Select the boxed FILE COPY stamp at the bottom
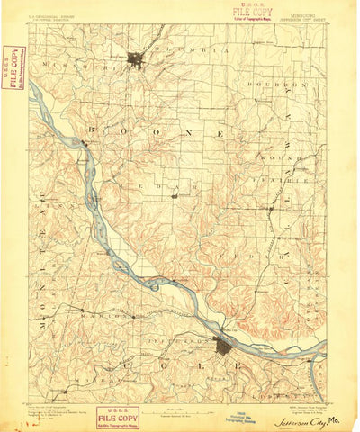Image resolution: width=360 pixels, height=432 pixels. [118, 418]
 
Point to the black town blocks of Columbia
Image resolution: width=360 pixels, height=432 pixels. [136, 60]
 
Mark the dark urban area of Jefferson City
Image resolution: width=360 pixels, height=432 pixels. [223, 346]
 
